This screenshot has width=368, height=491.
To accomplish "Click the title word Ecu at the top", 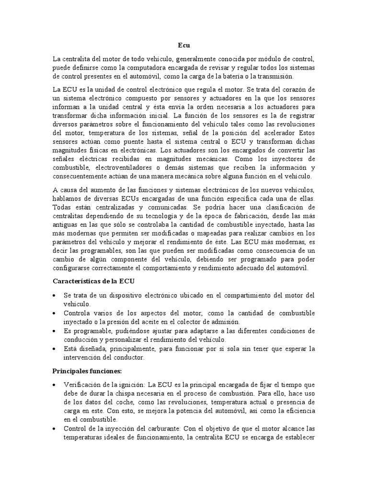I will (x=184, y=46).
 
